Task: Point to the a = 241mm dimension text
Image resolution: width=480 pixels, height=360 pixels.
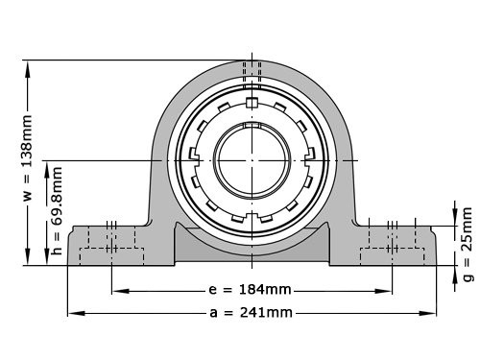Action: tap(252, 313)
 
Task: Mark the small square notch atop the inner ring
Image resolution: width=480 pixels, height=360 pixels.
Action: tap(252, 103)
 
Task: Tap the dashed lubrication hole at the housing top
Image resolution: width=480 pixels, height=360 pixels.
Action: tap(252, 70)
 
